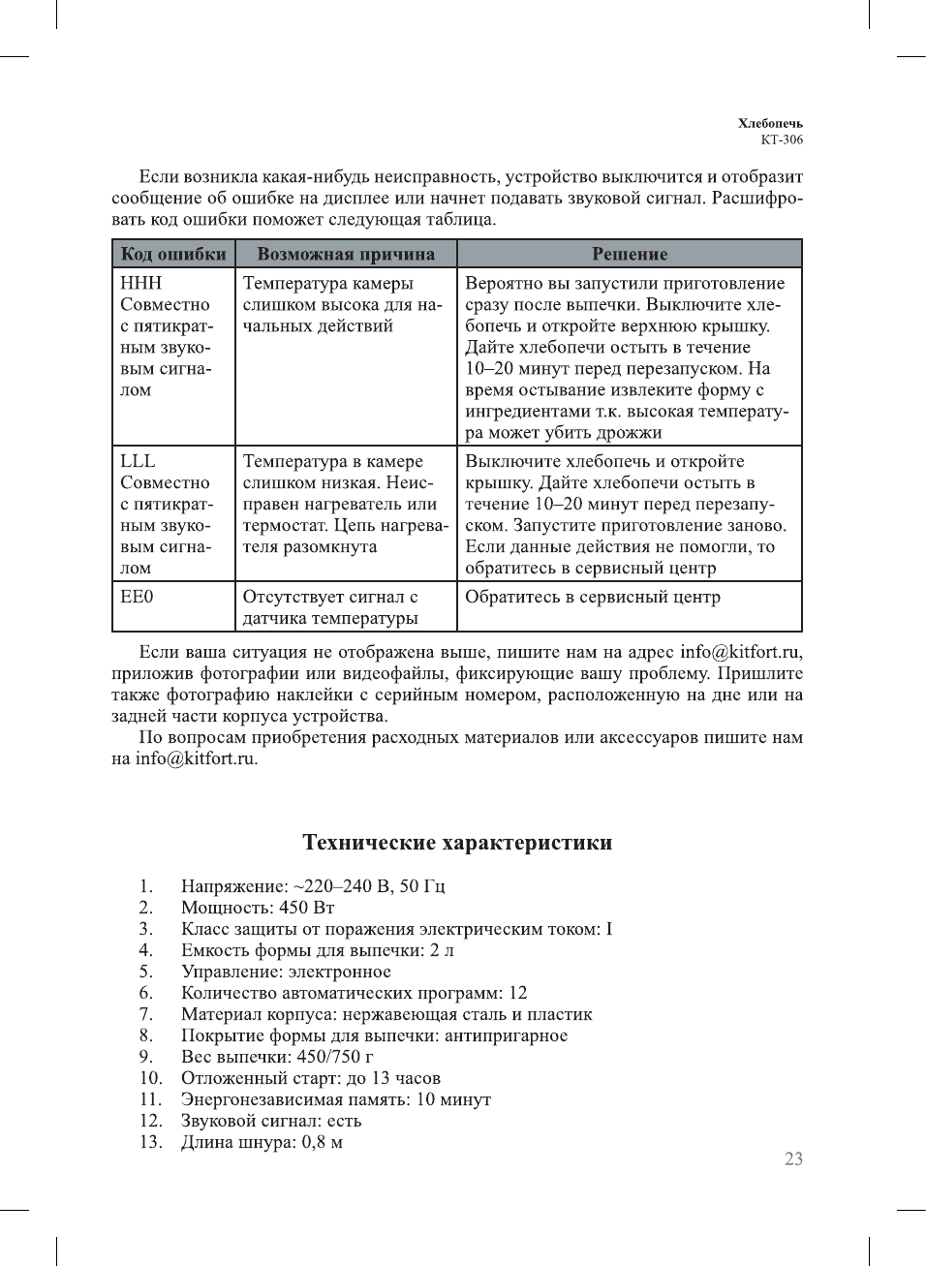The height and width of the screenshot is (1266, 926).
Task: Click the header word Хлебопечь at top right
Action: [x=770, y=123]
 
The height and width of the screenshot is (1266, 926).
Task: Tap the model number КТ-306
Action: [x=782, y=139]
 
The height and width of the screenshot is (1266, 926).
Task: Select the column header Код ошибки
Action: [x=173, y=254]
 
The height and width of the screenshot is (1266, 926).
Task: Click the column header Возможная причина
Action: [x=346, y=254]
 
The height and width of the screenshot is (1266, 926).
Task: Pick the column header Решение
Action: [x=630, y=254]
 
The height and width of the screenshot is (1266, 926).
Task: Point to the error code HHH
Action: [x=140, y=283]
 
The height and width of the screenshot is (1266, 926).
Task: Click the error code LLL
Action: [x=138, y=461]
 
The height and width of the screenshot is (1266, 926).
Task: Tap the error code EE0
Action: [x=137, y=597]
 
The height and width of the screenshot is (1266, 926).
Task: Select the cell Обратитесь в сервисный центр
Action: [x=593, y=597]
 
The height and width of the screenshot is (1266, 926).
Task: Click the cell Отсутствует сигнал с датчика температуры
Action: [x=331, y=607]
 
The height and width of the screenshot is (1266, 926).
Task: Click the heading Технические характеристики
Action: [x=457, y=843]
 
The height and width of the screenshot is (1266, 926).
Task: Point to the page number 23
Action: [x=793, y=1159]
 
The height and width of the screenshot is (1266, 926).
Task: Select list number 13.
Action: [x=150, y=1142]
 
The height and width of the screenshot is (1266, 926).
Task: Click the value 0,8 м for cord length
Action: [x=323, y=1142]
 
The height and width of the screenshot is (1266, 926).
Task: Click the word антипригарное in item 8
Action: [x=507, y=1035]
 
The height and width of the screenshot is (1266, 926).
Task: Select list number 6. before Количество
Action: [x=146, y=993]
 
